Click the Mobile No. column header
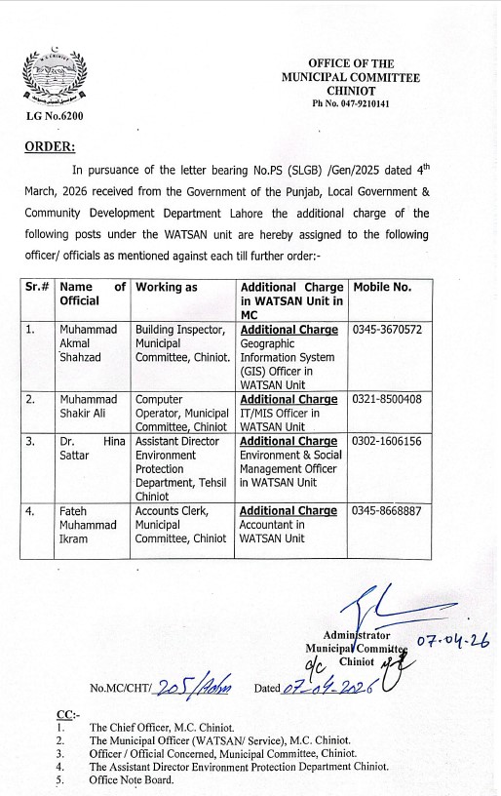point(382,288)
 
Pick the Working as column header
point(167,288)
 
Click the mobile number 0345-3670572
point(387,331)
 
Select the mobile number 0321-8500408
point(387,399)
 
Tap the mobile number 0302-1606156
point(387,440)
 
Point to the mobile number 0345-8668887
point(387,510)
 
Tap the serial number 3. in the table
point(31,440)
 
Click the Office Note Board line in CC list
point(132,779)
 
